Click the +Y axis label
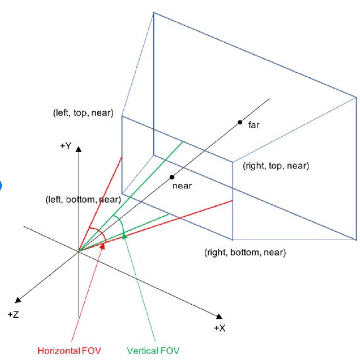66,146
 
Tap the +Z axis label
13,314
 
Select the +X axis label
220,328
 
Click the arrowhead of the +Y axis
79,150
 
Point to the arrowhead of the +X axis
219,317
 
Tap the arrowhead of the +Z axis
18,300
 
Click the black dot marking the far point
240,123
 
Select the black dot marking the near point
172,177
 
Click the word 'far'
254,125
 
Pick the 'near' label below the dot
182,186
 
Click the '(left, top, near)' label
84,113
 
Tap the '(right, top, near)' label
276,165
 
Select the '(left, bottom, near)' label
83,200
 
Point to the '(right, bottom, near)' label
245,253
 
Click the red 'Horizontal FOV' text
69,351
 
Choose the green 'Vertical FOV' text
153,351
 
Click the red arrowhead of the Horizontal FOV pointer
102,246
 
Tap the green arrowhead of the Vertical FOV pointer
124,236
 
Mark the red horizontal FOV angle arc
101,231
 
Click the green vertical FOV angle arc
121,222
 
